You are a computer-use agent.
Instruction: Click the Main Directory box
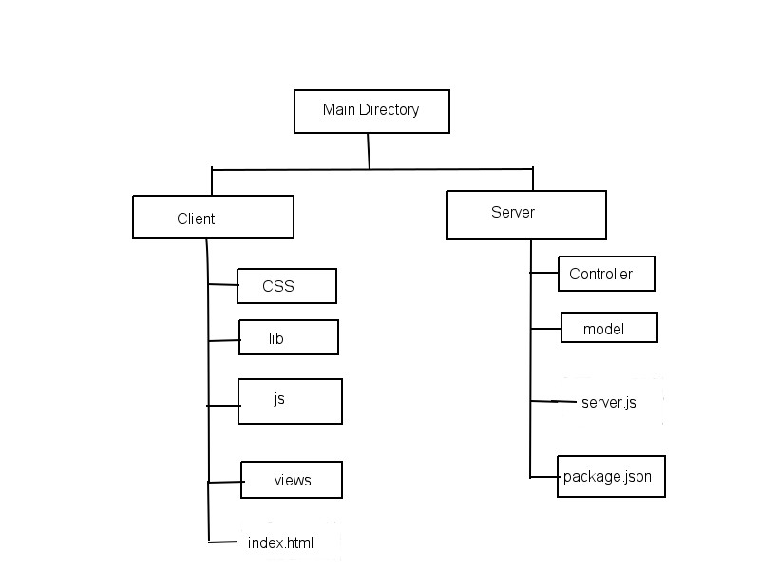point(370,111)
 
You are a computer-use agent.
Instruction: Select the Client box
point(213,218)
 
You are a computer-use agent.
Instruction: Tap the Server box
point(526,214)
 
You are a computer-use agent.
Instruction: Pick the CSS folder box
point(286,286)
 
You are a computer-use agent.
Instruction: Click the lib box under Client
point(288,337)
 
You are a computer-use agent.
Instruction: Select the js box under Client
point(290,401)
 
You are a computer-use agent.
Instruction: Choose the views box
point(291,480)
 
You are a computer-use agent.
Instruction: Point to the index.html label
point(280,543)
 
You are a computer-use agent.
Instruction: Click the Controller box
point(606,274)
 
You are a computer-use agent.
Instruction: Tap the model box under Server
point(608,328)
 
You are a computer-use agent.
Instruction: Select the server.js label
point(608,403)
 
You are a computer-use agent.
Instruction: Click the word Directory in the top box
point(389,110)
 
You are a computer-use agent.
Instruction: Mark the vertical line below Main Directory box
point(369,151)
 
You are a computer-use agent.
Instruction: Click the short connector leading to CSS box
point(222,284)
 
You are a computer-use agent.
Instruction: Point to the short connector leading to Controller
point(543,274)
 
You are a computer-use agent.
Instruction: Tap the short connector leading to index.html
point(222,541)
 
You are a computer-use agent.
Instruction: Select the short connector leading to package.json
point(543,476)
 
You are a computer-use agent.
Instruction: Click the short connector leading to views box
point(224,482)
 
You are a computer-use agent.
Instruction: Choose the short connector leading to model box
point(545,329)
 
